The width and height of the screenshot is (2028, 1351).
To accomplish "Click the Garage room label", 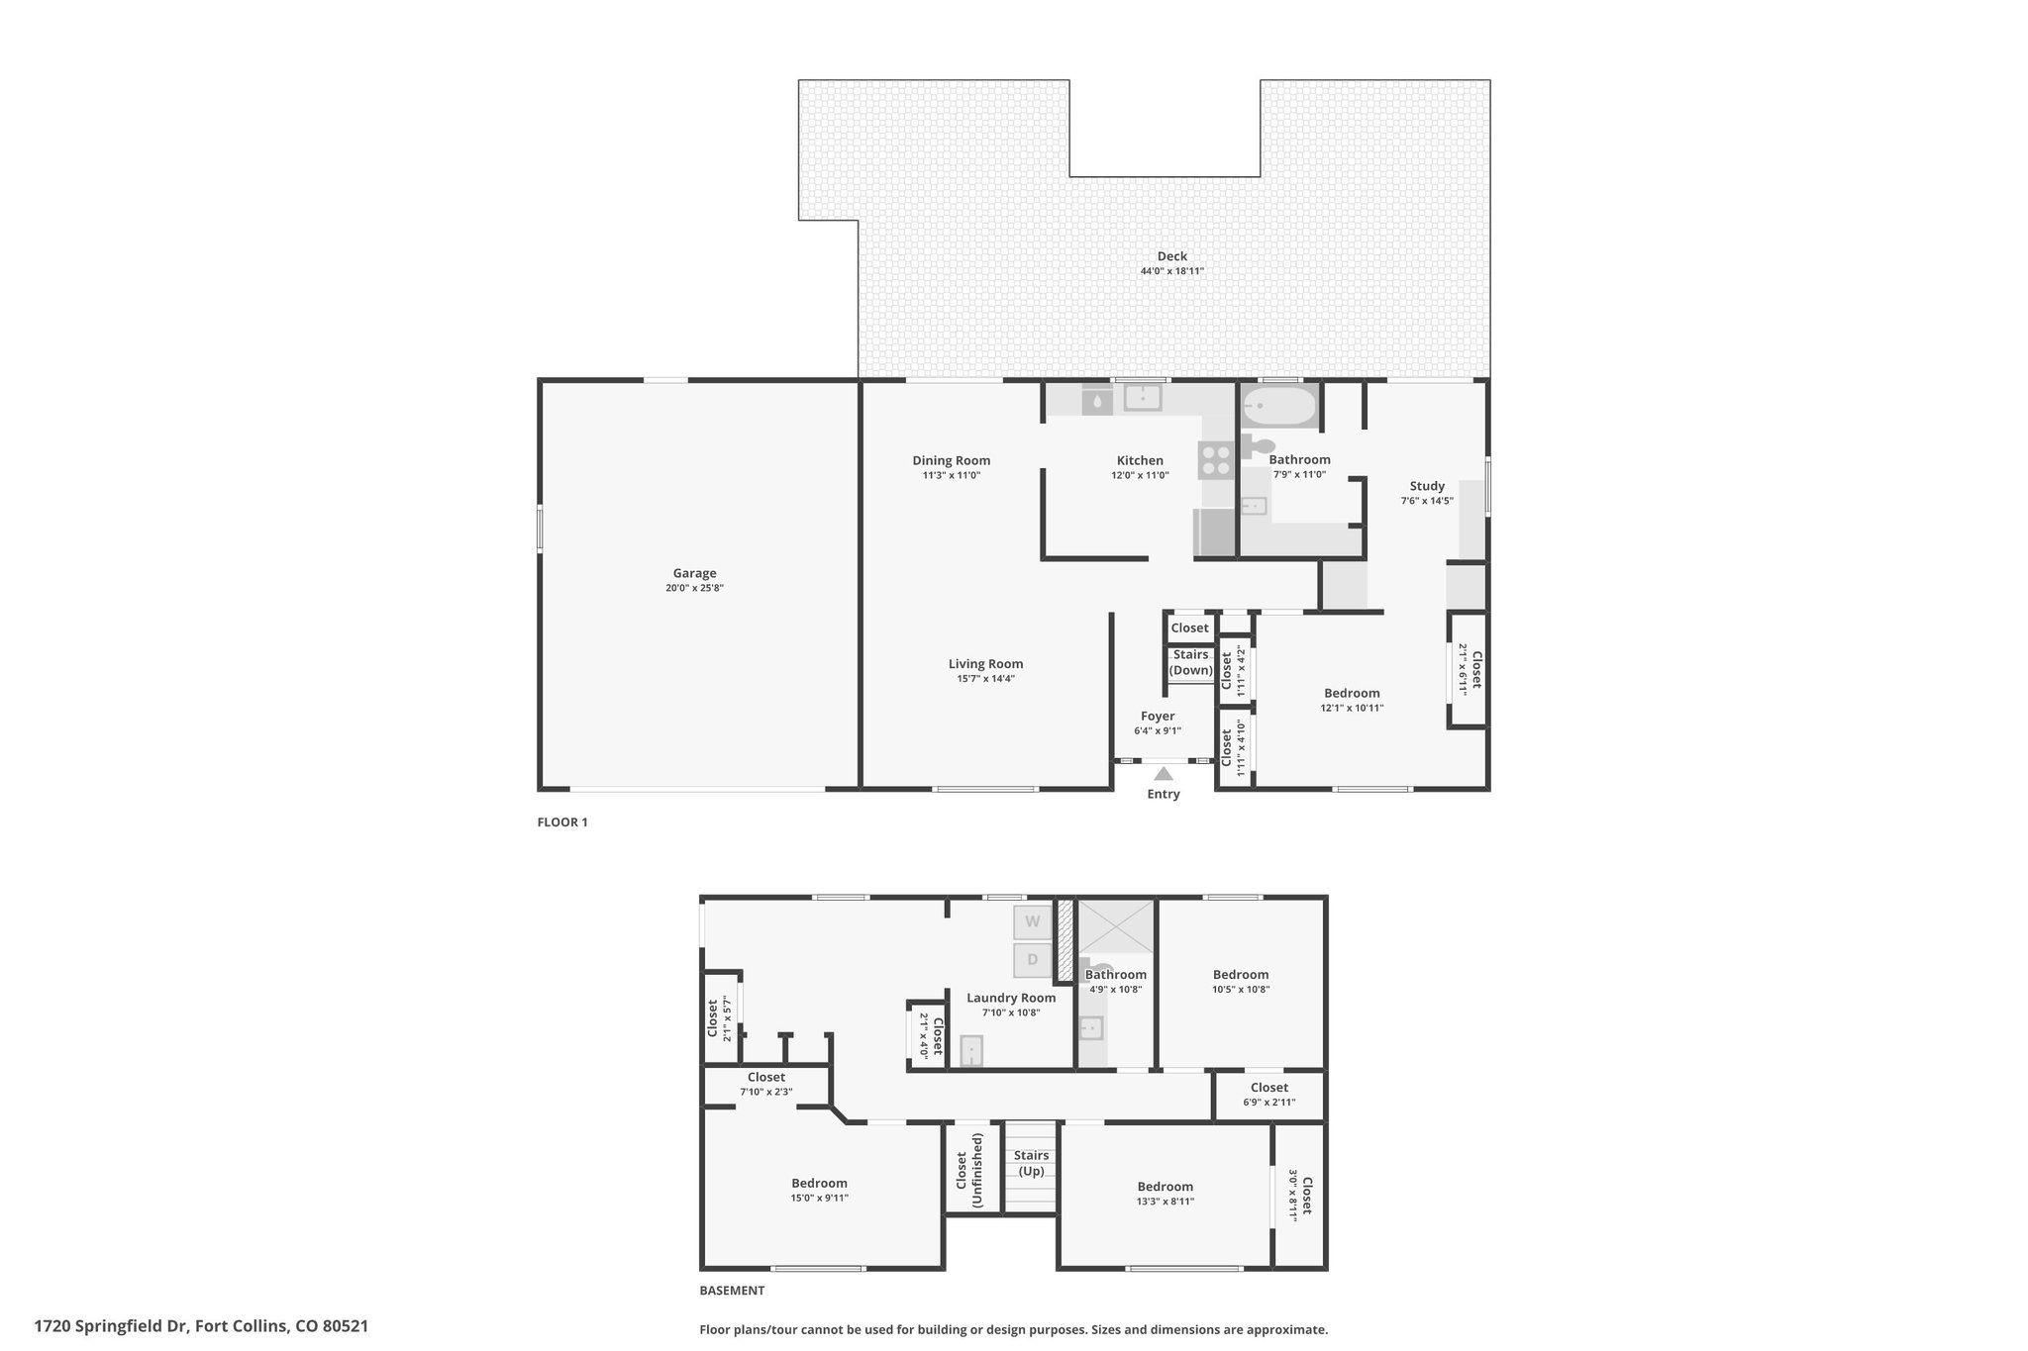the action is [x=694, y=573].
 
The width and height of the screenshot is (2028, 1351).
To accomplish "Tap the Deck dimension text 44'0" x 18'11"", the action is [x=1171, y=271].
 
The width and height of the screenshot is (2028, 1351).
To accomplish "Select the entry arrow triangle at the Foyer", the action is [x=1164, y=774].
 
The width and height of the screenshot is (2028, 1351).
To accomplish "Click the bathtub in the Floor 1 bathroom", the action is [x=1279, y=406].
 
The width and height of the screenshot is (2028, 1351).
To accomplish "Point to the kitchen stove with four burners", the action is [x=1216, y=460].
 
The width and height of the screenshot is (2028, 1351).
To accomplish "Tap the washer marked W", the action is [x=1032, y=921].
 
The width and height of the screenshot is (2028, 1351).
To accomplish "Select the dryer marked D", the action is [x=1032, y=959].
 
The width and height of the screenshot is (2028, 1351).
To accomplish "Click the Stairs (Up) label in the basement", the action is [x=1031, y=1163].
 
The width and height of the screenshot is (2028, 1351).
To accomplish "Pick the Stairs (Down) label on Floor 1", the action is [x=1190, y=662].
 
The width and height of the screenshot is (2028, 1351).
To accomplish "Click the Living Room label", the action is [x=985, y=664].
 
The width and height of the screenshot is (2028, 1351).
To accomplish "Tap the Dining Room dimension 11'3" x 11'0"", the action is [x=951, y=476].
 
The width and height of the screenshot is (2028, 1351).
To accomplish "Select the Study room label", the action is [x=1427, y=486].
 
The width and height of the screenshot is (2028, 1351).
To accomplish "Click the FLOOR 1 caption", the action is [x=562, y=822].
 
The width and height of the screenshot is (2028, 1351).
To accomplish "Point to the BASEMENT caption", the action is [x=732, y=1291].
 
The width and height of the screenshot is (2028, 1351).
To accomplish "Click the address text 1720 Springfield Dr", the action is [x=111, y=1325].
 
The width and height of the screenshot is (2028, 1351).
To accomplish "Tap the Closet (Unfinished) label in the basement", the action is [x=968, y=1170].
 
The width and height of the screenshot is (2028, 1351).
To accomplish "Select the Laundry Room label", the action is [x=1011, y=998].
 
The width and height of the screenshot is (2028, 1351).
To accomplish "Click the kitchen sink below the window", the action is [x=1142, y=398].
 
